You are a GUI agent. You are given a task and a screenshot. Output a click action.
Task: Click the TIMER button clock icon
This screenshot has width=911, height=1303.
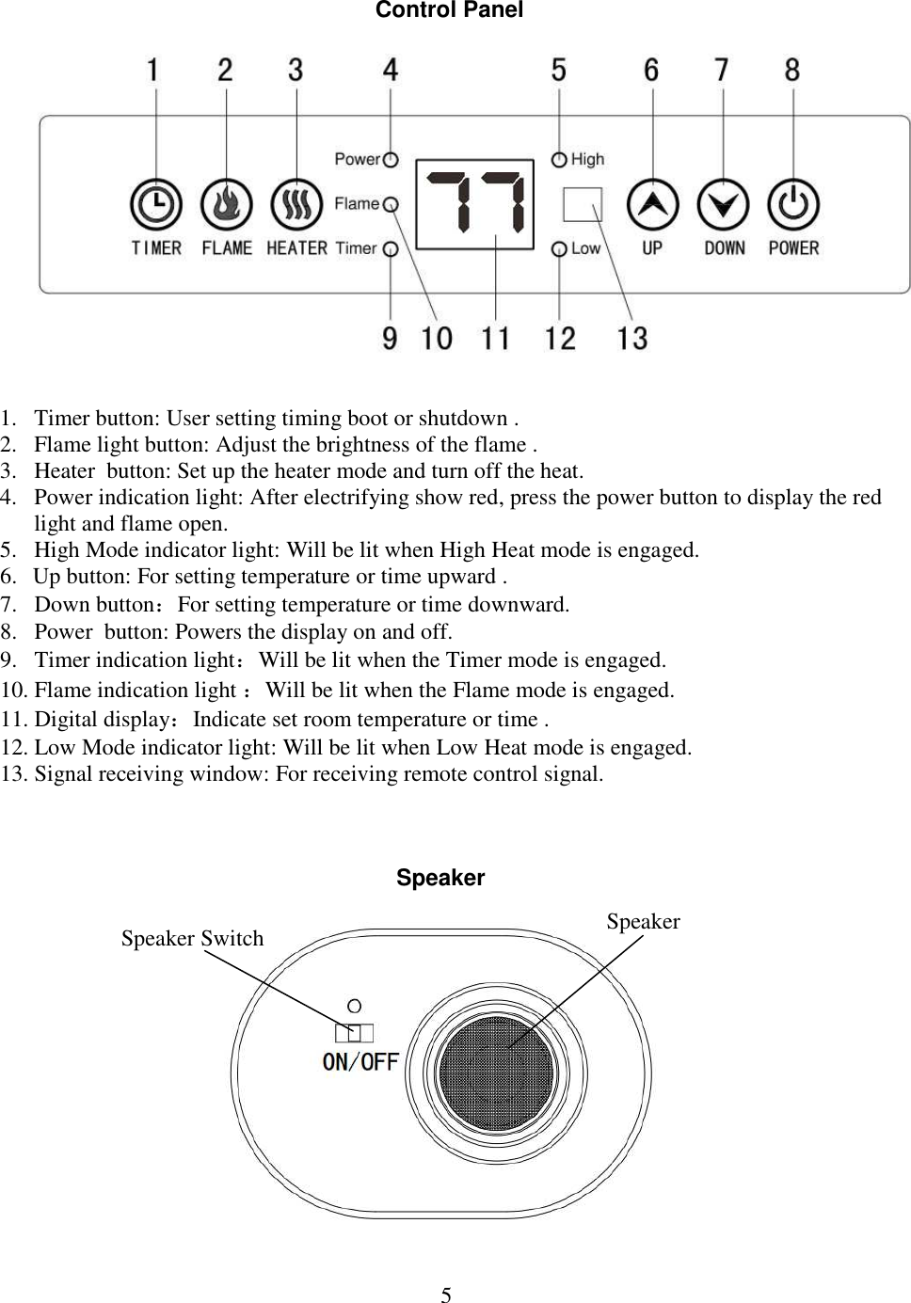(156, 204)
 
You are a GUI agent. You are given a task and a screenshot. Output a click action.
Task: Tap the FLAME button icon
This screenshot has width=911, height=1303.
(227, 204)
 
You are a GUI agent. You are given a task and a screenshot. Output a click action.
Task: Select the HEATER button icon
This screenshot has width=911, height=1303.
(296, 204)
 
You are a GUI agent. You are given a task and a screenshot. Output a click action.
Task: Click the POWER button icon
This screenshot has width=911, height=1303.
(793, 204)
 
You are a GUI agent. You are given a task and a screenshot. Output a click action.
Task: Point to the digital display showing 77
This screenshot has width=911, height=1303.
(475, 204)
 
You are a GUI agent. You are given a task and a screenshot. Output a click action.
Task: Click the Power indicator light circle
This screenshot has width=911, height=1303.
(391, 160)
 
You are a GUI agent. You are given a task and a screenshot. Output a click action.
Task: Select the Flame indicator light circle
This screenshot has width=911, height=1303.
(391, 204)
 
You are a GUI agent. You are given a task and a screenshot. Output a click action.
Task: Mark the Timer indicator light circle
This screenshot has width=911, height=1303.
(391, 249)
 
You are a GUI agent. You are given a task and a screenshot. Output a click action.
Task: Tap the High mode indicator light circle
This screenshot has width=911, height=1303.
(559, 160)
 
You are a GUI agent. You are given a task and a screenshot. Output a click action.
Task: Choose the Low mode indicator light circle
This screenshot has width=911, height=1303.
(559, 249)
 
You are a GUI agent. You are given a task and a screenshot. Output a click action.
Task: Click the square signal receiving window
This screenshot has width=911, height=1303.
(583, 204)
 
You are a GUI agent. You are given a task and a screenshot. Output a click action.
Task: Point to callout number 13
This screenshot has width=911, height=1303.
(632, 338)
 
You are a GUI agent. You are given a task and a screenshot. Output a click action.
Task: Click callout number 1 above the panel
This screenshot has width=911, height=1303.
(152, 71)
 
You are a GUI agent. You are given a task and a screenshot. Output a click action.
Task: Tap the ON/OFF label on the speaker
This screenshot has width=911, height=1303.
(360, 1061)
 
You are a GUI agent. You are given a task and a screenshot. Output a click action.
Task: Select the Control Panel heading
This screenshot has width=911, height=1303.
(449, 10)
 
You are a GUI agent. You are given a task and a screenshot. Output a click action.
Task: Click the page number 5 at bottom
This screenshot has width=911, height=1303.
(446, 1295)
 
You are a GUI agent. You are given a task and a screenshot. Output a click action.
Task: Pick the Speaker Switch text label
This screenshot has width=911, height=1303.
(192, 938)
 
